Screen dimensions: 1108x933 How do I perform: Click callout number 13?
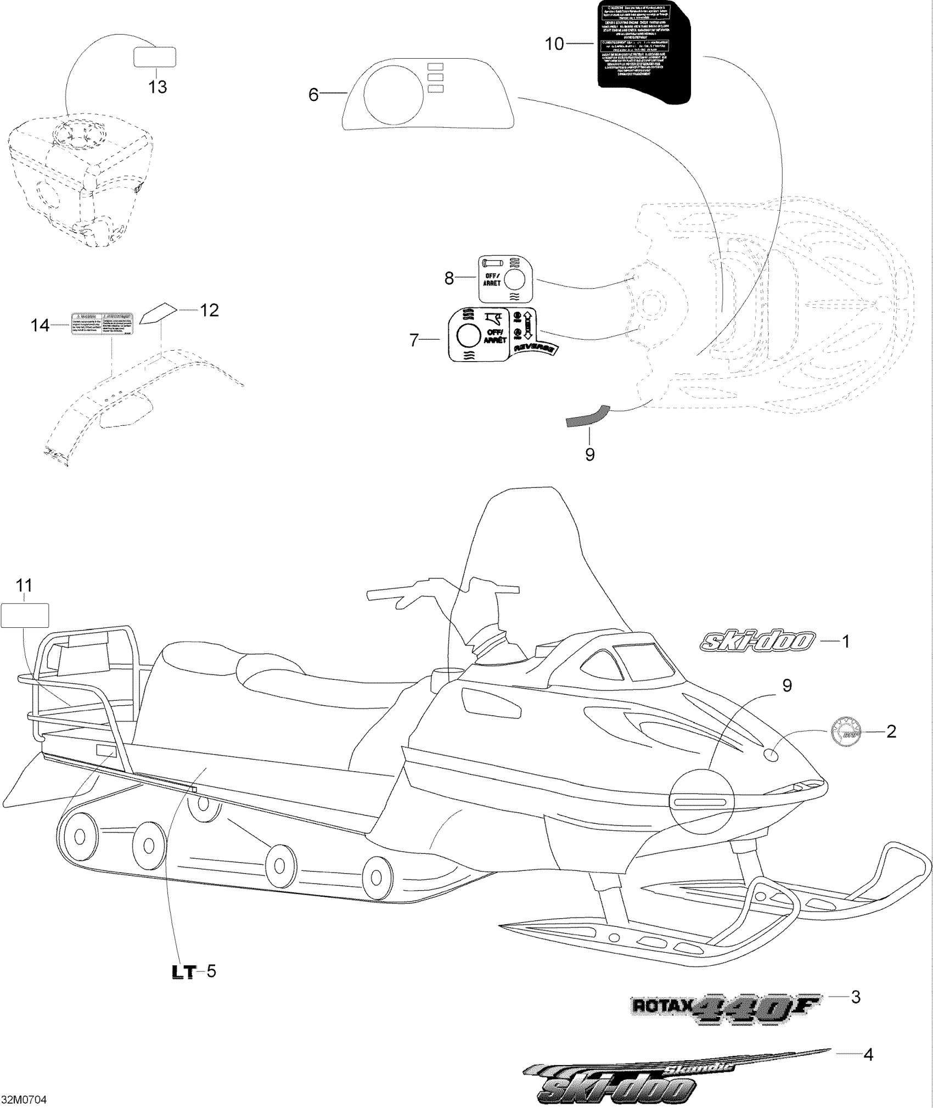(158, 87)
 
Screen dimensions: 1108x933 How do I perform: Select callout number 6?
(313, 94)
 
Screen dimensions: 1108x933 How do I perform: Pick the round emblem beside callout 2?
(845, 732)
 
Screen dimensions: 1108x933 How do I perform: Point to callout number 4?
(868, 1054)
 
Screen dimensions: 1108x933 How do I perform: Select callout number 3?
(855, 997)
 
